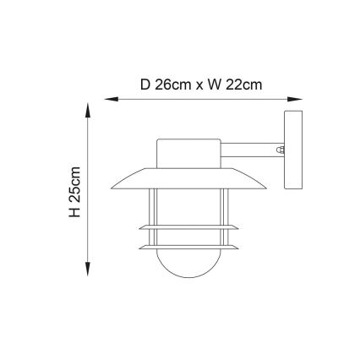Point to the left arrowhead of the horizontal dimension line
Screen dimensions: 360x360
pyautogui.click(x=107, y=101)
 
